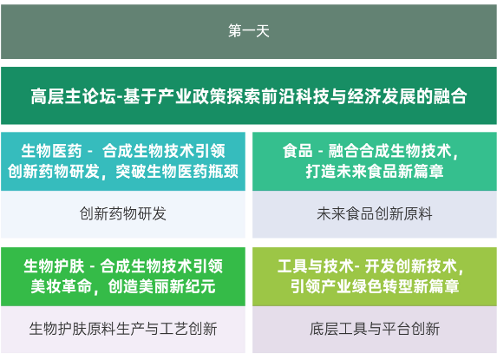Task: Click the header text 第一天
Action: coord(248,31)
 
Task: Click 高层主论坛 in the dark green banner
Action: coord(74,96)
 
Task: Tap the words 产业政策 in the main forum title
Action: coord(192,96)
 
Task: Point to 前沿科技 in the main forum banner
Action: coord(295,96)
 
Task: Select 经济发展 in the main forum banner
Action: coord(381,96)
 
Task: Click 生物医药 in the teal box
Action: coord(52,151)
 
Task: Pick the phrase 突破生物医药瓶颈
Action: coord(177,172)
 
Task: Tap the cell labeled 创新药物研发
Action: coord(123,213)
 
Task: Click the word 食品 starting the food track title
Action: coord(298,151)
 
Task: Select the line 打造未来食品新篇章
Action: coord(375,172)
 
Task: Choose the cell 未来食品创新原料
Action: coord(375,213)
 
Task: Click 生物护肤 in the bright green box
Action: coord(54,266)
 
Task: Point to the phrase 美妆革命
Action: coord(62,286)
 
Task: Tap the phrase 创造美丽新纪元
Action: coord(161,286)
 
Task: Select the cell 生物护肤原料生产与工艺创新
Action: coord(123,329)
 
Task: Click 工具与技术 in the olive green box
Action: coord(316,266)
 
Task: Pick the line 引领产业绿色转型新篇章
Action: coord(375,286)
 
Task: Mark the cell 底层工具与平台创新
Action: coord(375,329)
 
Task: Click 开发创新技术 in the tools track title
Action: coord(411,266)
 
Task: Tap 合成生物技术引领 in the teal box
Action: coord(164,151)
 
